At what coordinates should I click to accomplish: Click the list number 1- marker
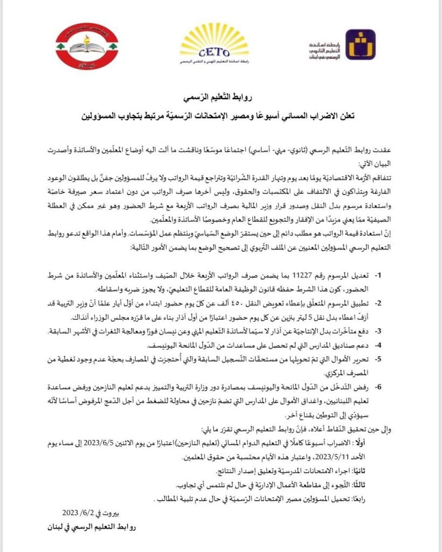coord(378,275)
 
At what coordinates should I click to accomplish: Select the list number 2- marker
coord(378,303)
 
